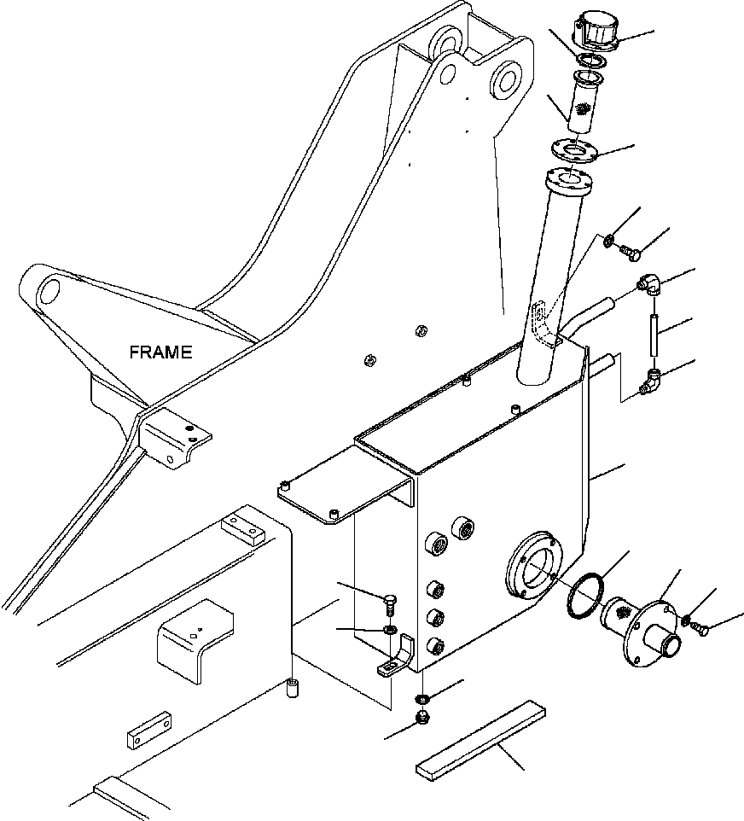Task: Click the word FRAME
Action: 160,352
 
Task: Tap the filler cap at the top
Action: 597,32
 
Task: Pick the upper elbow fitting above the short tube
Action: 650,285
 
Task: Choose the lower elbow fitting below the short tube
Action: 650,381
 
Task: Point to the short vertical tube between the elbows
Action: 654,335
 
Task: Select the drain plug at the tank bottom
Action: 422,718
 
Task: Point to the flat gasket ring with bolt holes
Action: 575,151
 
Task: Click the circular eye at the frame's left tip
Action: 51,290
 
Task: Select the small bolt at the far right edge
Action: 700,628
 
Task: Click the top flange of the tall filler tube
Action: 569,181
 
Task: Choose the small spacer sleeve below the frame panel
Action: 292,688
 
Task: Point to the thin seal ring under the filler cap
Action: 591,61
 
